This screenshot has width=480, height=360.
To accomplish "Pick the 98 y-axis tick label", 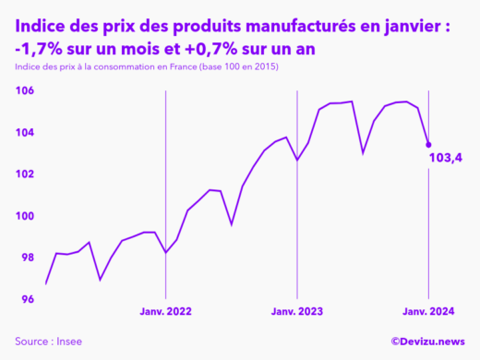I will [x=26, y=258].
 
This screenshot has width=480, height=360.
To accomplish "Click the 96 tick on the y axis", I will [x=26, y=299].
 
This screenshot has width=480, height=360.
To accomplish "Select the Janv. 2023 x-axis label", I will [x=297, y=313].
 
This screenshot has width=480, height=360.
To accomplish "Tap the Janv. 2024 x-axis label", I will [x=428, y=313].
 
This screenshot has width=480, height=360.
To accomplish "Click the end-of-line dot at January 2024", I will [x=428, y=144].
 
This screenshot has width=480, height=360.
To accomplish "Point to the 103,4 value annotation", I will [x=446, y=159].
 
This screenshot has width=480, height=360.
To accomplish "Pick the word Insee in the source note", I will [x=68, y=342].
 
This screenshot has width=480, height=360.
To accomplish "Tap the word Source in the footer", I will [x=32, y=342].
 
